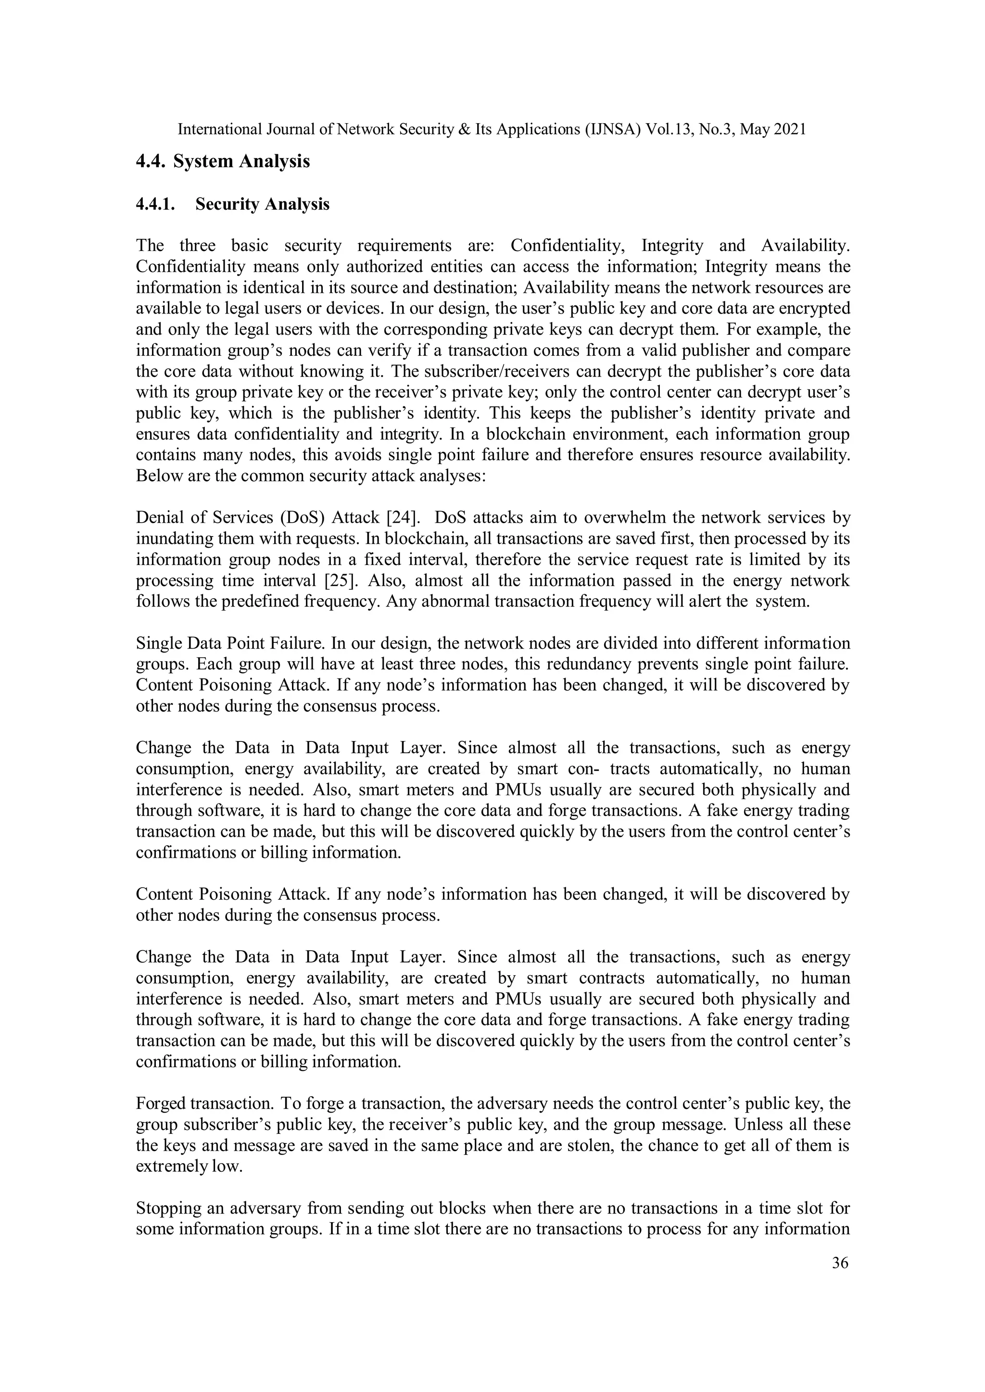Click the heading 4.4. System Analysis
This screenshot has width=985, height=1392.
click(x=223, y=161)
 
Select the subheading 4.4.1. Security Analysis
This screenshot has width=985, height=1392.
click(x=232, y=204)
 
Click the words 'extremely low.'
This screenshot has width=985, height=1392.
click(x=189, y=1166)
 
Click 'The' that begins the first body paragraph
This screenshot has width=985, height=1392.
click(x=150, y=246)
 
